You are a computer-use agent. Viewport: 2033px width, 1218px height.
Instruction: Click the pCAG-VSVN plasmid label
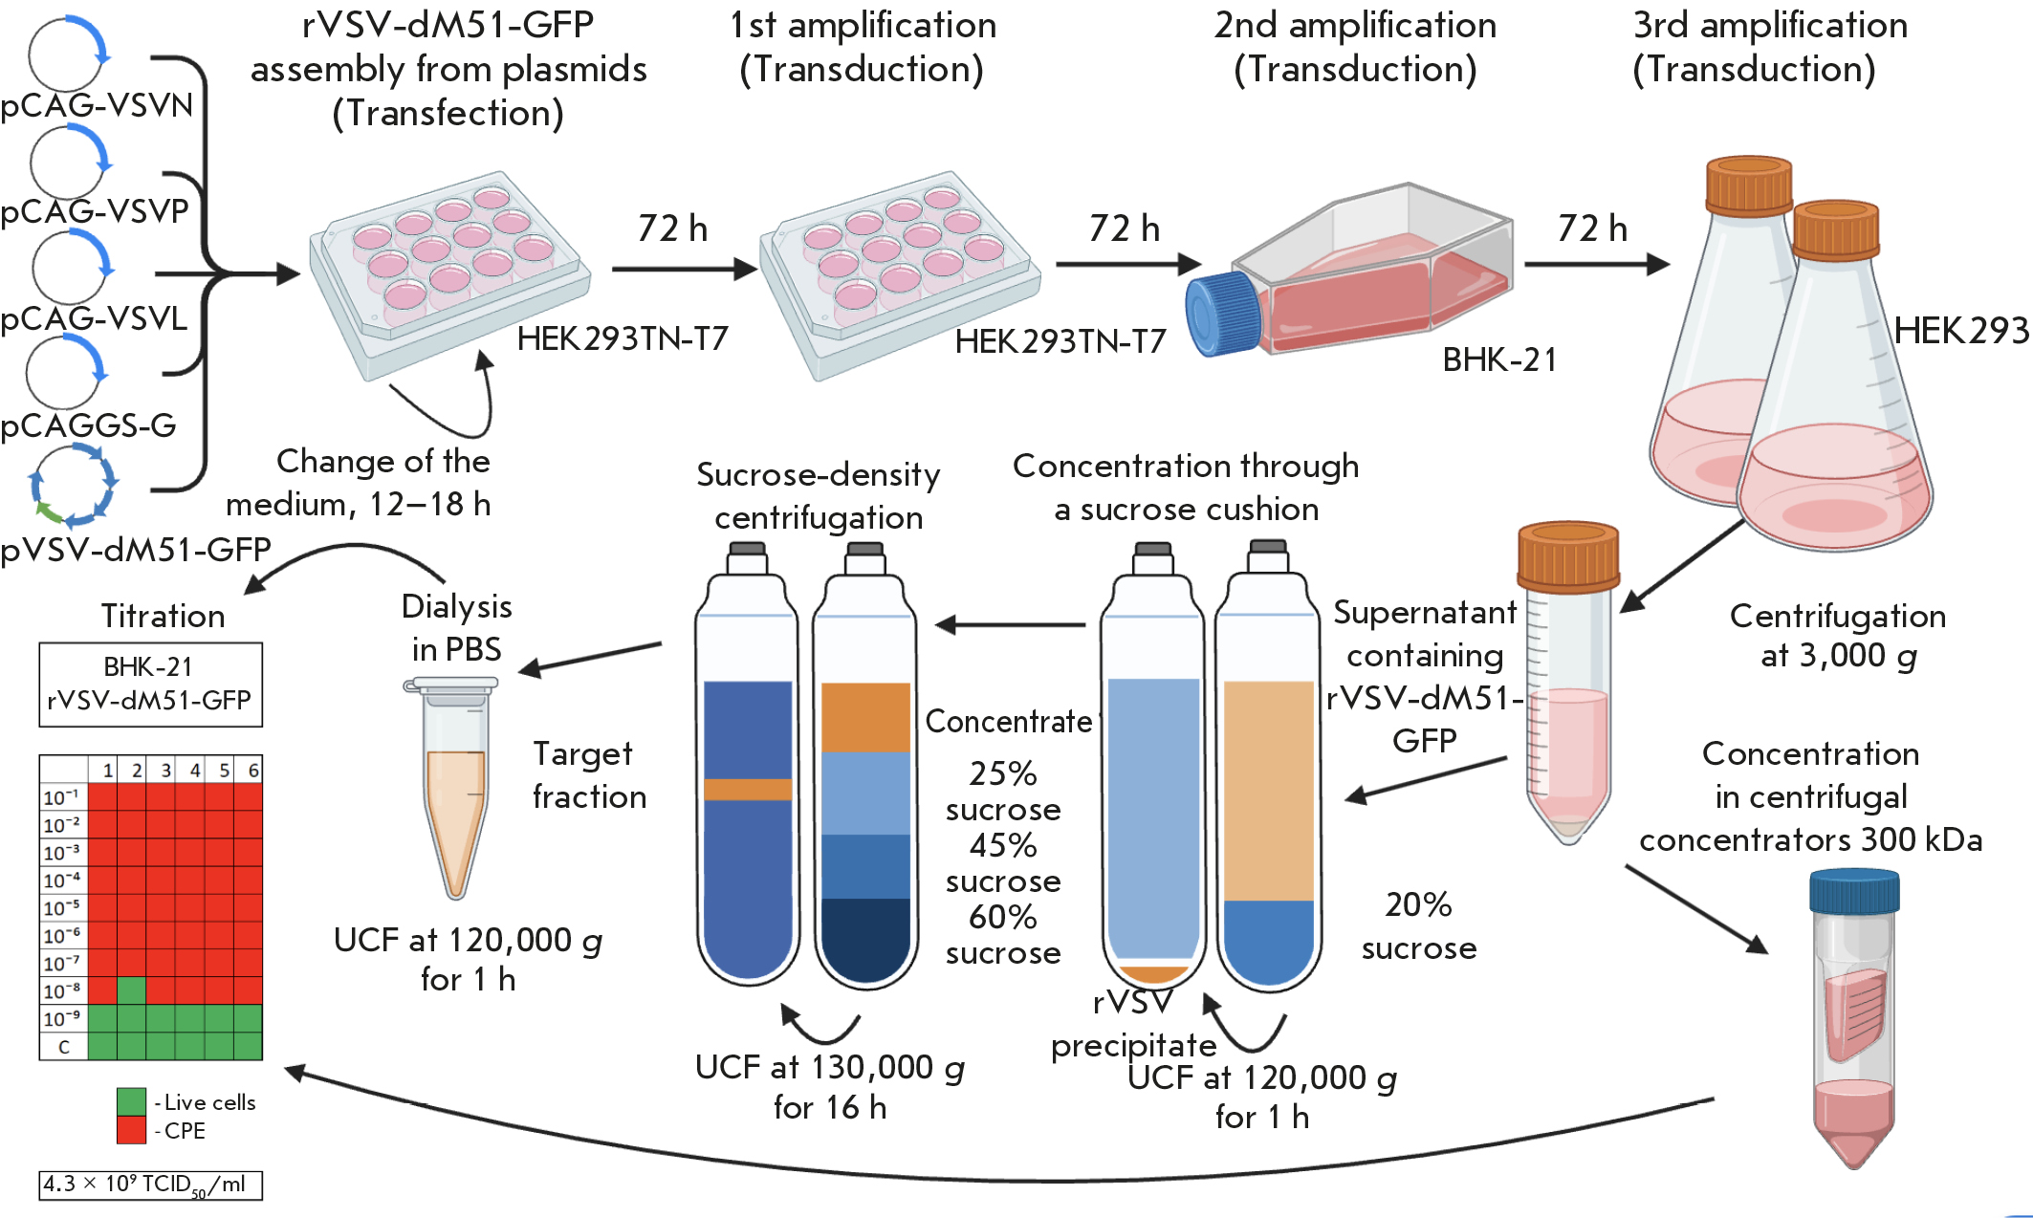pos(97,105)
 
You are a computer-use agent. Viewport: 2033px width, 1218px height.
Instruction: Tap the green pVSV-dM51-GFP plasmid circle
pos(73,486)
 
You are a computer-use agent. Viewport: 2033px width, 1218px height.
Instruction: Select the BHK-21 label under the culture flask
pos(1499,359)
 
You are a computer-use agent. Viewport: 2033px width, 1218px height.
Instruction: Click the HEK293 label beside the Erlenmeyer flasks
pos(1961,331)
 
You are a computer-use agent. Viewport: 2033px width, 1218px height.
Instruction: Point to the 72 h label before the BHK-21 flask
pos(1124,229)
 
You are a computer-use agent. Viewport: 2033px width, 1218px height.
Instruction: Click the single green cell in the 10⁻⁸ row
pos(131,990)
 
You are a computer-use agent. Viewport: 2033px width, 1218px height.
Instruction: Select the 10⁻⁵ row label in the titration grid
pos(62,907)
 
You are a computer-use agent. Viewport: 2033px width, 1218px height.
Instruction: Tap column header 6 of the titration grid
pos(252,770)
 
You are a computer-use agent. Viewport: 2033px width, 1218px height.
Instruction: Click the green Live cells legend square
pos(131,1101)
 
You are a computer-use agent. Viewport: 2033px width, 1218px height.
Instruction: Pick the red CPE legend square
pos(131,1130)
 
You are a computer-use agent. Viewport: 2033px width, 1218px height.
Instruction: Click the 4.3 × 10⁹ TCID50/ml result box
pos(150,1185)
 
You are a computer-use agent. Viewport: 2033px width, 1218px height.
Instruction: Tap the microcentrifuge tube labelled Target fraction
pos(455,794)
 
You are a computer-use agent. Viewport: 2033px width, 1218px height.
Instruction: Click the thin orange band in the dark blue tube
pos(748,790)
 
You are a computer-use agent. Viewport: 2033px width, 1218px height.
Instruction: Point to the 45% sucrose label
pos(1003,862)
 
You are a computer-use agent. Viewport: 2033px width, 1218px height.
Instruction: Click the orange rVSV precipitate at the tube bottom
pos(1152,974)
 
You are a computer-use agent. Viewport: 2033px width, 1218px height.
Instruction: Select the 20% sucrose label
pos(1419,925)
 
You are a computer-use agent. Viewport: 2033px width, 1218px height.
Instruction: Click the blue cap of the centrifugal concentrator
pos(1853,891)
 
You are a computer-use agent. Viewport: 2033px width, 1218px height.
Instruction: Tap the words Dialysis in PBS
pos(456,627)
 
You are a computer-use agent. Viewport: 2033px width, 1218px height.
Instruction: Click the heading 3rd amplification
pos(1769,26)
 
